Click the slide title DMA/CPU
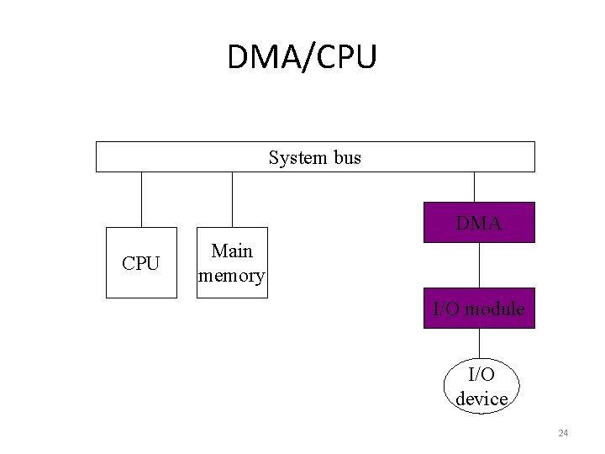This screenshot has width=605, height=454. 302,56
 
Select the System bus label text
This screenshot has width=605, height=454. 314,157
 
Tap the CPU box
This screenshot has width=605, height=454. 141,263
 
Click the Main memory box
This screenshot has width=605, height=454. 231,263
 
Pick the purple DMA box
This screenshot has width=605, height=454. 478,223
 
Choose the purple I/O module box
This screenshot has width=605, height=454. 478,309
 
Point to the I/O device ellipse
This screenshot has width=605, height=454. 481,386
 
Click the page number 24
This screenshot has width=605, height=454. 563,433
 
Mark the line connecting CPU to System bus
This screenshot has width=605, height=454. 141,199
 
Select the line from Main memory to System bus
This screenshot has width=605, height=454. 231,199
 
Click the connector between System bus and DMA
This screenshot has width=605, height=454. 475,187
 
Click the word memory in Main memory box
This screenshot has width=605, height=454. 231,275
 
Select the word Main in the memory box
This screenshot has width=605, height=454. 232,251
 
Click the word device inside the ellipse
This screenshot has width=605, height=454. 481,398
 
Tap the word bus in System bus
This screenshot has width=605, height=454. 345,157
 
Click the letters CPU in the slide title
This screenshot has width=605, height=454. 344,56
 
